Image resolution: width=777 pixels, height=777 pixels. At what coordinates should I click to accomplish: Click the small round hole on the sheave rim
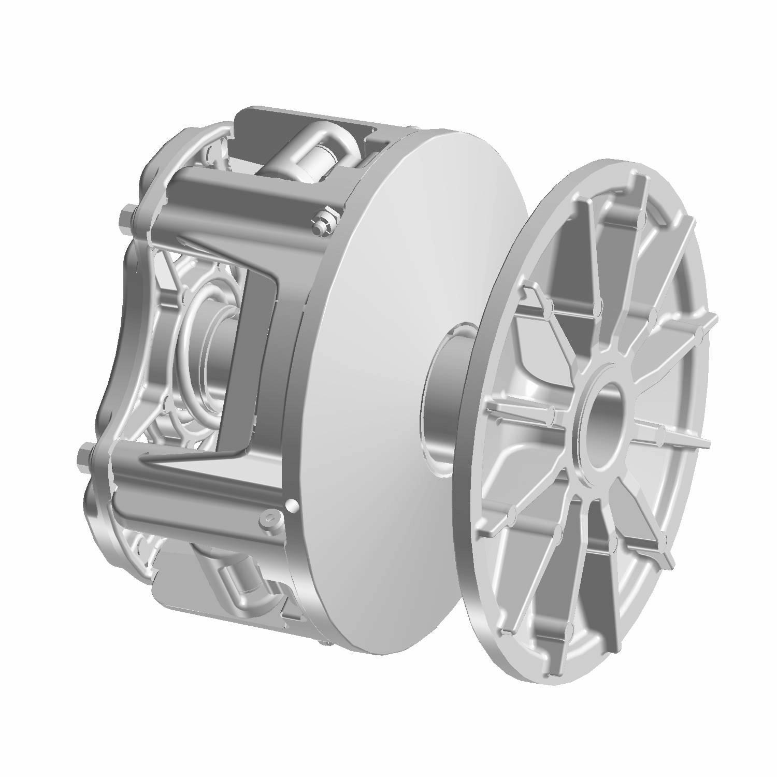[292, 503]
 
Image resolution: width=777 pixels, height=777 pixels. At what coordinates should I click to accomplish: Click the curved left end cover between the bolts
[111, 337]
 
